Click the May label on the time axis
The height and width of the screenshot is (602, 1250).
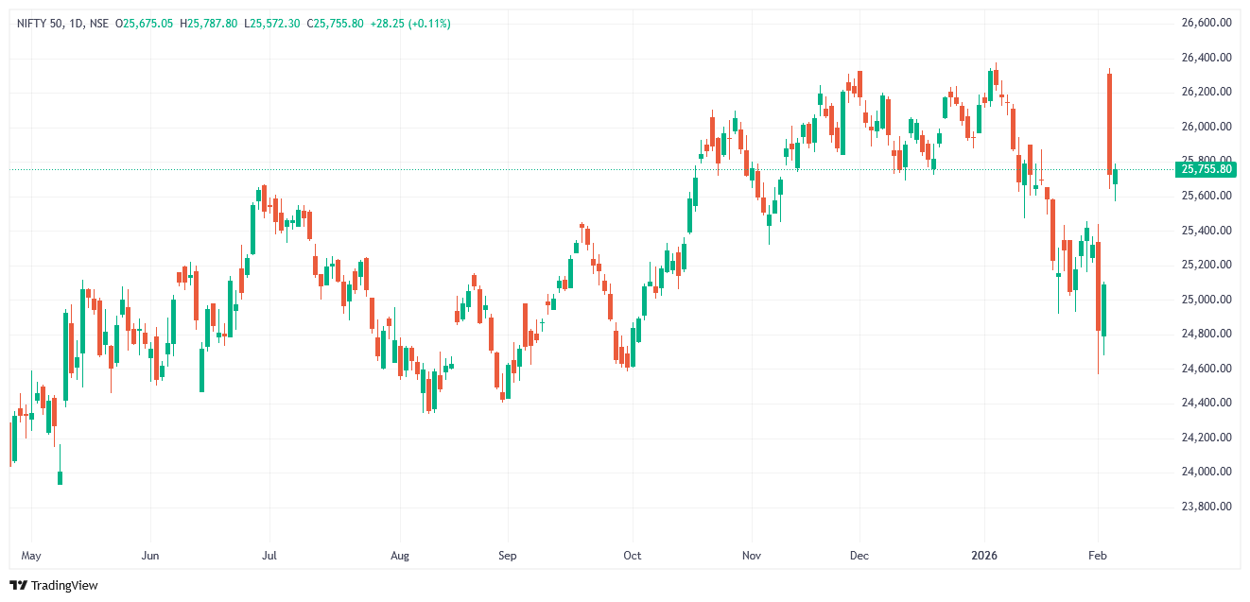31,556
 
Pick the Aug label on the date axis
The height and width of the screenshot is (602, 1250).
400,556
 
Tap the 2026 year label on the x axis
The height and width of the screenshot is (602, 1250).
986,556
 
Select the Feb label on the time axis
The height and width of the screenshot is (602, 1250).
1098,556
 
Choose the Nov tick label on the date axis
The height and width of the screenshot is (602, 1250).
752,556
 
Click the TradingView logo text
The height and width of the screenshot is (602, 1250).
63,586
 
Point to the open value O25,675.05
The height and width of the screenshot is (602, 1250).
144,23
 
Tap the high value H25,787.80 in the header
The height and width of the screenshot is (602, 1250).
209,23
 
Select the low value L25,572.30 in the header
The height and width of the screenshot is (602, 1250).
273,23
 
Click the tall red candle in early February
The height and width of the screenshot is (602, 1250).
1109,123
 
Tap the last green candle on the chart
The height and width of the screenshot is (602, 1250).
1116,177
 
